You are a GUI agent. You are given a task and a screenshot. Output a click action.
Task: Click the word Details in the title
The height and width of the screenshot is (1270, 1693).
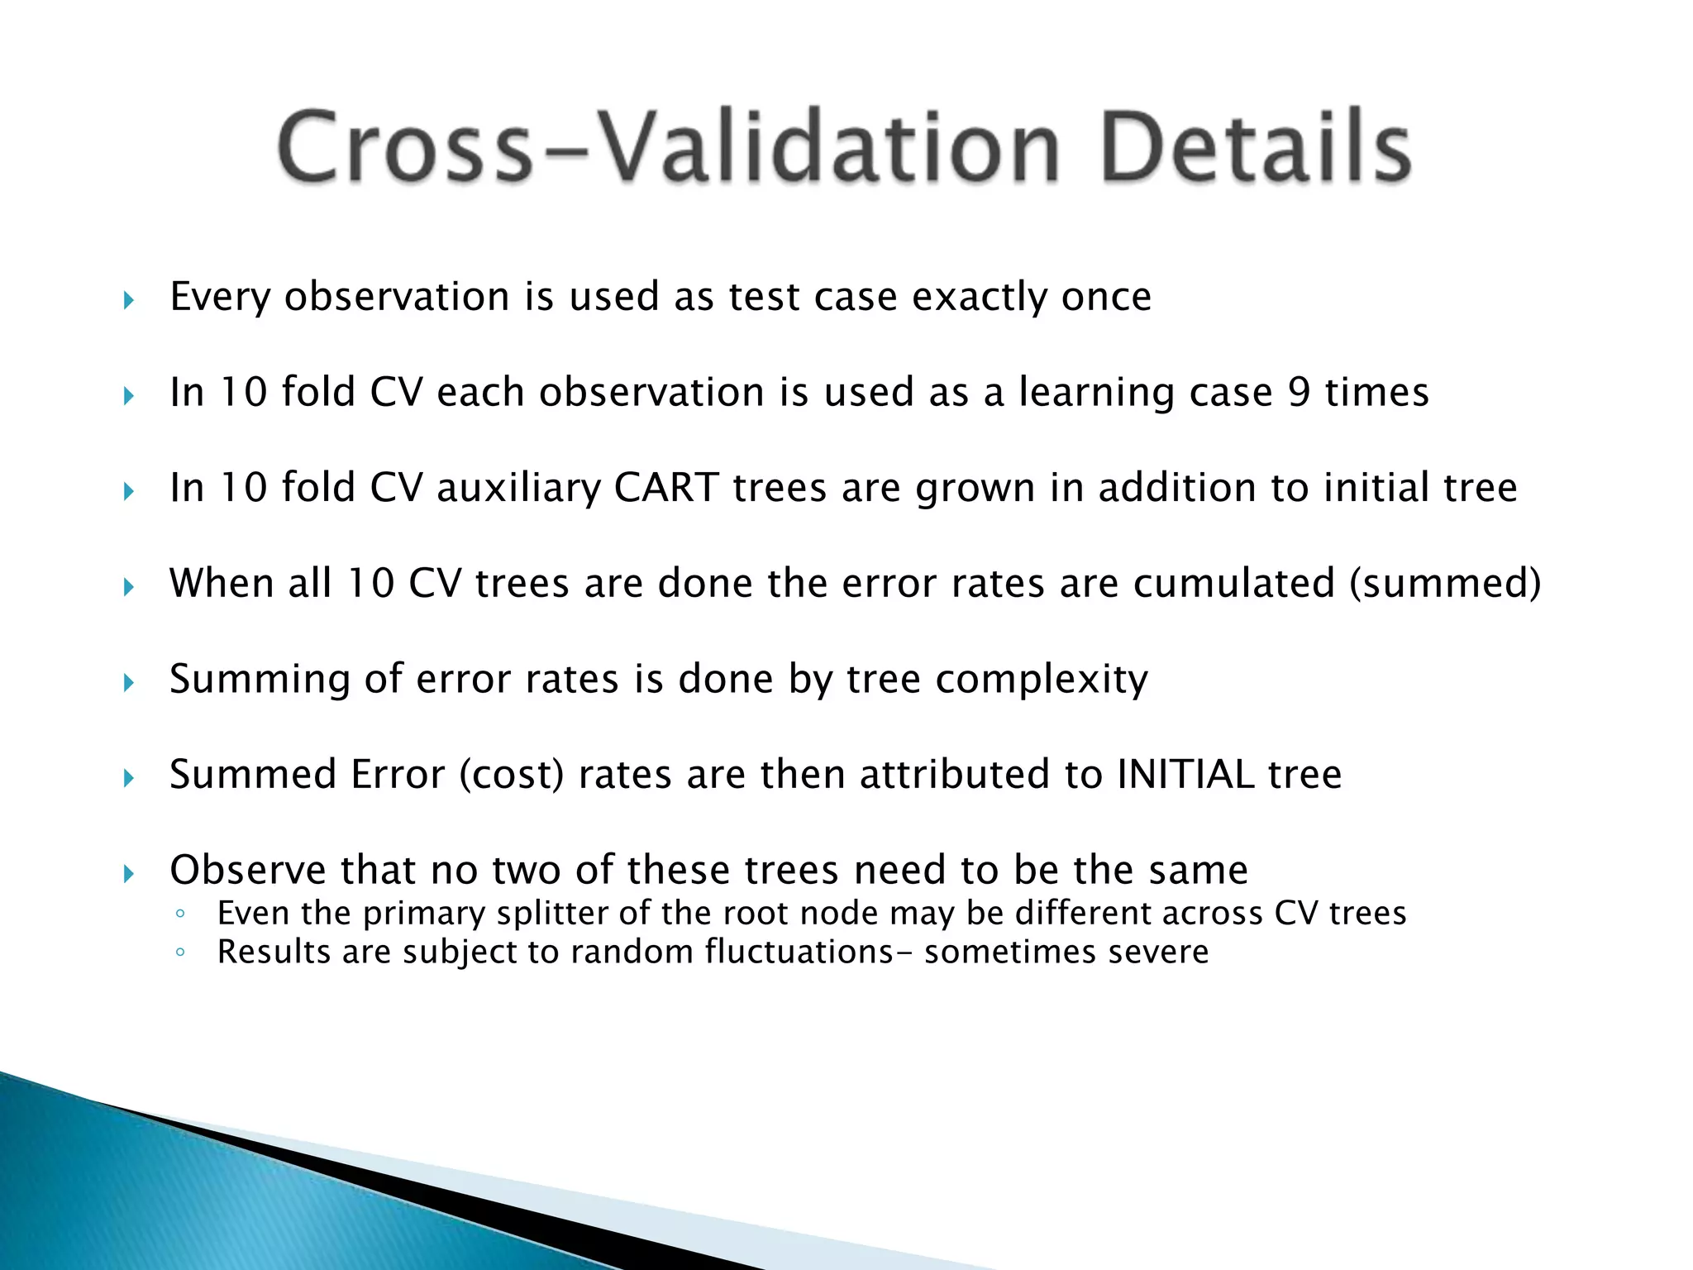tap(1255, 147)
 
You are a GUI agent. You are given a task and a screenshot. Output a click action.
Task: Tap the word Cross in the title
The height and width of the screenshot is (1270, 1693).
tap(405, 147)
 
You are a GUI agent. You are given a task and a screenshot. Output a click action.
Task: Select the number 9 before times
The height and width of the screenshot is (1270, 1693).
tap(1299, 392)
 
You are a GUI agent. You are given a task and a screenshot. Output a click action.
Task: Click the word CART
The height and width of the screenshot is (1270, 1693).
tap(665, 488)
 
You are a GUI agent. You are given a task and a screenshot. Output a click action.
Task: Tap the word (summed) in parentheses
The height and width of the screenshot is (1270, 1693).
tap(1445, 584)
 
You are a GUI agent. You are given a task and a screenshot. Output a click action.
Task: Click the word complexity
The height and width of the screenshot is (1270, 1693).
tap(1042, 680)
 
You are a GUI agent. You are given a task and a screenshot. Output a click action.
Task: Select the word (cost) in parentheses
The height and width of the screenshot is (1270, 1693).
tap(511, 775)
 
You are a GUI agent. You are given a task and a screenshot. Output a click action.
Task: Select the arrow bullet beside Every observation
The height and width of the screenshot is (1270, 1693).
tap(128, 300)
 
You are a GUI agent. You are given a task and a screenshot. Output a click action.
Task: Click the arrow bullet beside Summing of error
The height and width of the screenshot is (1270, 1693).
tap(128, 683)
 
